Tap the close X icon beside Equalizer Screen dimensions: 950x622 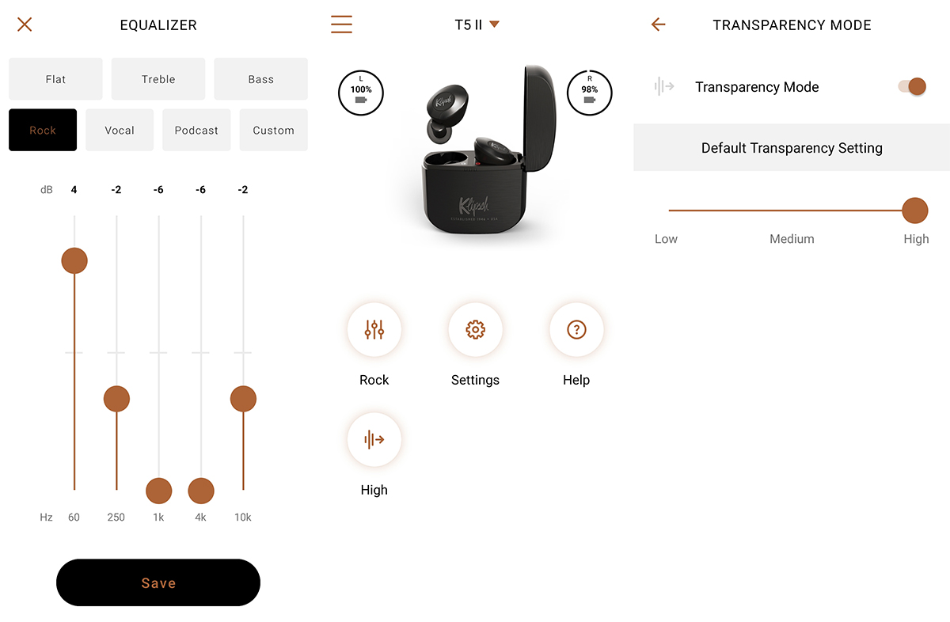[x=25, y=25]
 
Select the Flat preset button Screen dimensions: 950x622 [x=55, y=79]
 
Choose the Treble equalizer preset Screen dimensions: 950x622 [x=158, y=79]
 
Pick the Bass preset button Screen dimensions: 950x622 [x=260, y=79]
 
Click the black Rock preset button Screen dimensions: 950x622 [x=43, y=130]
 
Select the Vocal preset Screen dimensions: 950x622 [x=120, y=130]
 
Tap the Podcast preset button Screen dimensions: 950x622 [x=196, y=130]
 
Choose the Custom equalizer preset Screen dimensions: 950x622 [x=274, y=130]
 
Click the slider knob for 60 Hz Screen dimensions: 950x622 [x=74, y=261]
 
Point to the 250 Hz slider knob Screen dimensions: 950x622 [x=116, y=399]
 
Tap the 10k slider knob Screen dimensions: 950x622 [x=243, y=399]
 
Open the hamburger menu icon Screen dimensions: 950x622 [x=341, y=25]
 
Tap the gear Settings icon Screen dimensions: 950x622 [x=476, y=329]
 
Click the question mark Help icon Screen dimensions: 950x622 [x=576, y=329]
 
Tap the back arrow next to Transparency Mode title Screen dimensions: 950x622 [x=658, y=25]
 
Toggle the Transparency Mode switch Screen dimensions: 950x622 [x=912, y=86]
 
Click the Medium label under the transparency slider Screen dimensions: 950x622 [x=792, y=239]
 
